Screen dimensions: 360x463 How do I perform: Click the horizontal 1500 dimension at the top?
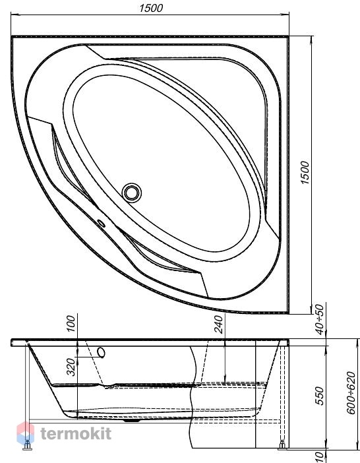[x=151, y=8]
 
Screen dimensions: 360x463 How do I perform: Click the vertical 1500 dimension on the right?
[x=305, y=173]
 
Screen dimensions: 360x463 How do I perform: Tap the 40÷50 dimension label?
[x=319, y=320]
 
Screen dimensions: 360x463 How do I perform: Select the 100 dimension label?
[x=71, y=324]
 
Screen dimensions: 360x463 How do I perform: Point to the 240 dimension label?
[x=219, y=324]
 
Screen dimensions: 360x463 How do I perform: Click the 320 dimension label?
[x=71, y=367]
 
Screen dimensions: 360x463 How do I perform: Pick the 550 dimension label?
[x=319, y=396]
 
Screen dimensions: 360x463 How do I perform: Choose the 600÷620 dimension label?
[x=351, y=393]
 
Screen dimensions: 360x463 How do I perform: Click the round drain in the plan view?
[x=132, y=193]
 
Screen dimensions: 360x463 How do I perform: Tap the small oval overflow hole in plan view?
[x=102, y=224]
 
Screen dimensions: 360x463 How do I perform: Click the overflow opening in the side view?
[x=102, y=353]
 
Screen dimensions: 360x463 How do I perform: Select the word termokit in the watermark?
[x=76, y=434]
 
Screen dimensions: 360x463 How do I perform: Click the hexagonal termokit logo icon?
[x=25, y=433]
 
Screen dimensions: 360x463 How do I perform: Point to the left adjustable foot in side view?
[x=28, y=445]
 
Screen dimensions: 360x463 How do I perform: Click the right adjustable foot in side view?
[x=282, y=445]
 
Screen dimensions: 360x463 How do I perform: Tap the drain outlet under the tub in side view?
[x=132, y=420]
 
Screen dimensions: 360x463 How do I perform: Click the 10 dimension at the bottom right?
[x=319, y=457]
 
